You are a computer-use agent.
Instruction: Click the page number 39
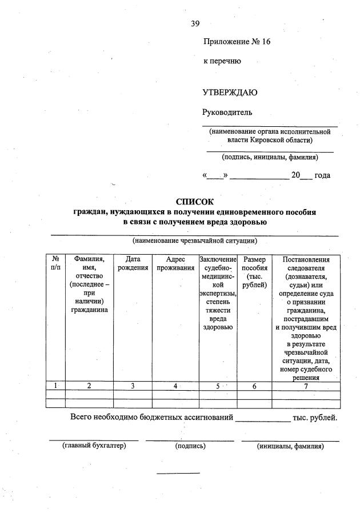click(195, 23)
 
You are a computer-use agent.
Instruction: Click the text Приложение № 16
click(236, 42)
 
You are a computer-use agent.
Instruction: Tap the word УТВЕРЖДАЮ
click(230, 93)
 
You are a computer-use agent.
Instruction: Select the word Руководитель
click(227, 112)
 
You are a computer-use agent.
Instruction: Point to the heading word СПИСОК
click(194, 202)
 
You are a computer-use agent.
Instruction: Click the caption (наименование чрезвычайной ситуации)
click(194, 241)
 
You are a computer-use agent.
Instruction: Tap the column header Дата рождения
click(133, 263)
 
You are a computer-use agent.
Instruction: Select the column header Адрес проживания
click(175, 263)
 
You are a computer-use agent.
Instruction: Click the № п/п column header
click(55, 263)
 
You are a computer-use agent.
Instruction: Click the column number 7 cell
click(306, 386)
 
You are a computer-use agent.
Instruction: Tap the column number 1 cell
click(55, 386)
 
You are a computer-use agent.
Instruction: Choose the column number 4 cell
click(175, 386)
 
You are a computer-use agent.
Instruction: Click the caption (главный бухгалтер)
click(94, 446)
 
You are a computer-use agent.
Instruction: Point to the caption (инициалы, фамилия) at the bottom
click(290, 446)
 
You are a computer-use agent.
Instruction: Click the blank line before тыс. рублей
click(263, 419)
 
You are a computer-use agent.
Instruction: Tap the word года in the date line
click(322, 175)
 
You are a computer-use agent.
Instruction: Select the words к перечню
click(222, 61)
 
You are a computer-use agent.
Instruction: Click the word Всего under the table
click(82, 418)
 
